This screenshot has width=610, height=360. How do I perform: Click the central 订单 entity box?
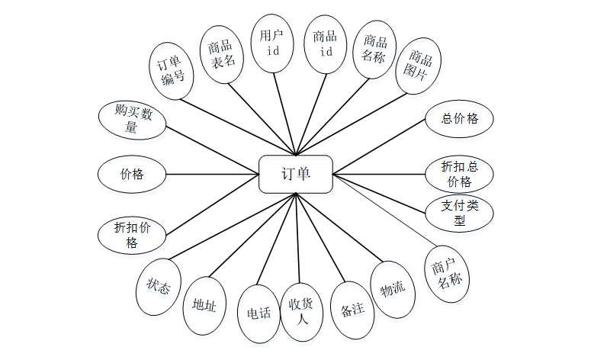(296, 175)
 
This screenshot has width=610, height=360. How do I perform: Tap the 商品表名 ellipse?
(222, 53)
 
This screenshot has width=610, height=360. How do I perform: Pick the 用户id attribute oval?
(273, 43)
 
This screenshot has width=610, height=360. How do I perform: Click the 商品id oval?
(325, 43)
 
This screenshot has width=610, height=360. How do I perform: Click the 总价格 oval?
(460, 119)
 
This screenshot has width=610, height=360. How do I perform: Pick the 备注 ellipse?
(352, 310)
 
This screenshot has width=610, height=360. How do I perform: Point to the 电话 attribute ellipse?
(259, 312)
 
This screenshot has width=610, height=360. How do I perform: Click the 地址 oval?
(205, 306)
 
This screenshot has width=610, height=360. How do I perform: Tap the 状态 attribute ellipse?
(160, 286)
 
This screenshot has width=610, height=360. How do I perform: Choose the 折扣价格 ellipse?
(132, 235)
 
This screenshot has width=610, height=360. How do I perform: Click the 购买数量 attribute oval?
(133, 121)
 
